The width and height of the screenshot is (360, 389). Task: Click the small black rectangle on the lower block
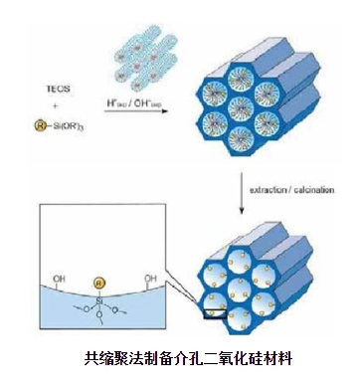pos(208,316)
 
